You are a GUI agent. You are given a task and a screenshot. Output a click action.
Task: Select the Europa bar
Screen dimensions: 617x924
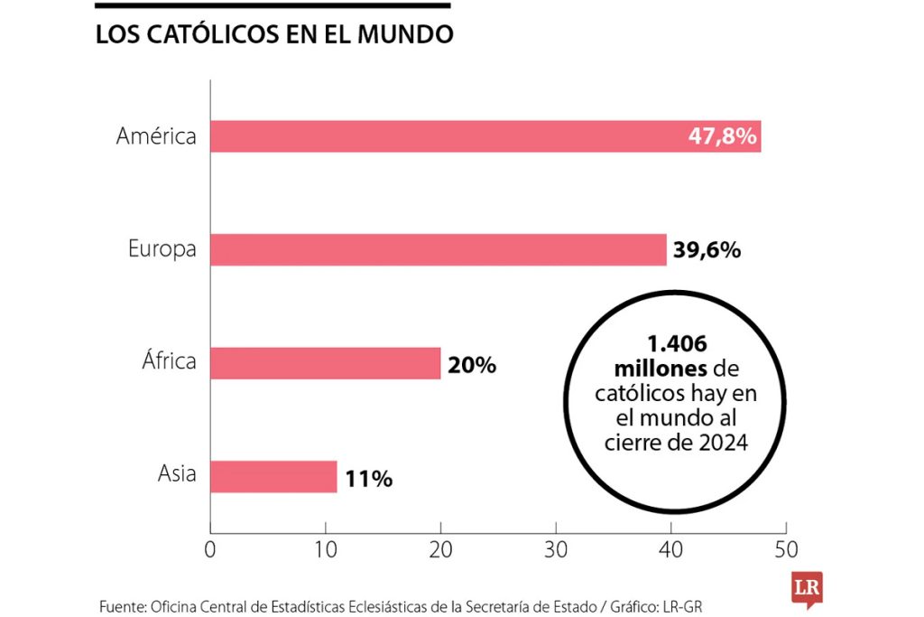(x=439, y=249)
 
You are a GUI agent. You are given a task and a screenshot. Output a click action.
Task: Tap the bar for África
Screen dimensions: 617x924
(x=326, y=363)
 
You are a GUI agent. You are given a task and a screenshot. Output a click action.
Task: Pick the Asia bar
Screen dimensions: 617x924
(x=273, y=476)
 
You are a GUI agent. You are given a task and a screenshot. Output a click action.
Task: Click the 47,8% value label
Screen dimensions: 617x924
(x=722, y=137)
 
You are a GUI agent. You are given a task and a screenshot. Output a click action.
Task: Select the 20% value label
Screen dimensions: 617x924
(x=472, y=365)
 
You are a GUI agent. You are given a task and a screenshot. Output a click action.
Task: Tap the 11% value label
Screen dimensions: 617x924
(x=368, y=478)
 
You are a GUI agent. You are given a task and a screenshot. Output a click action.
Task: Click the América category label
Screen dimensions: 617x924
(x=156, y=136)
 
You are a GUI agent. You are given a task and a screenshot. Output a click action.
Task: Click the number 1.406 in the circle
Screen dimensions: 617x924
(x=676, y=345)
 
